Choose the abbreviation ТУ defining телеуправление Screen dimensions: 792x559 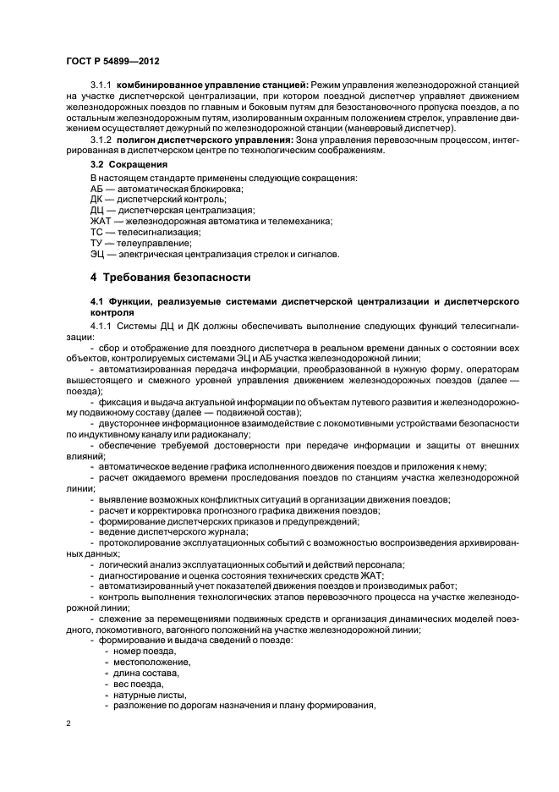point(96,242)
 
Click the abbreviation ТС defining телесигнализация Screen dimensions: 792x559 point(97,231)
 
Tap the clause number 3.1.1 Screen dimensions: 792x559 point(101,85)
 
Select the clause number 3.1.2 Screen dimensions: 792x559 point(101,139)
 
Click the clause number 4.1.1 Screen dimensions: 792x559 point(101,325)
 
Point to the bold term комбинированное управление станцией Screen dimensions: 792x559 point(213,85)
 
